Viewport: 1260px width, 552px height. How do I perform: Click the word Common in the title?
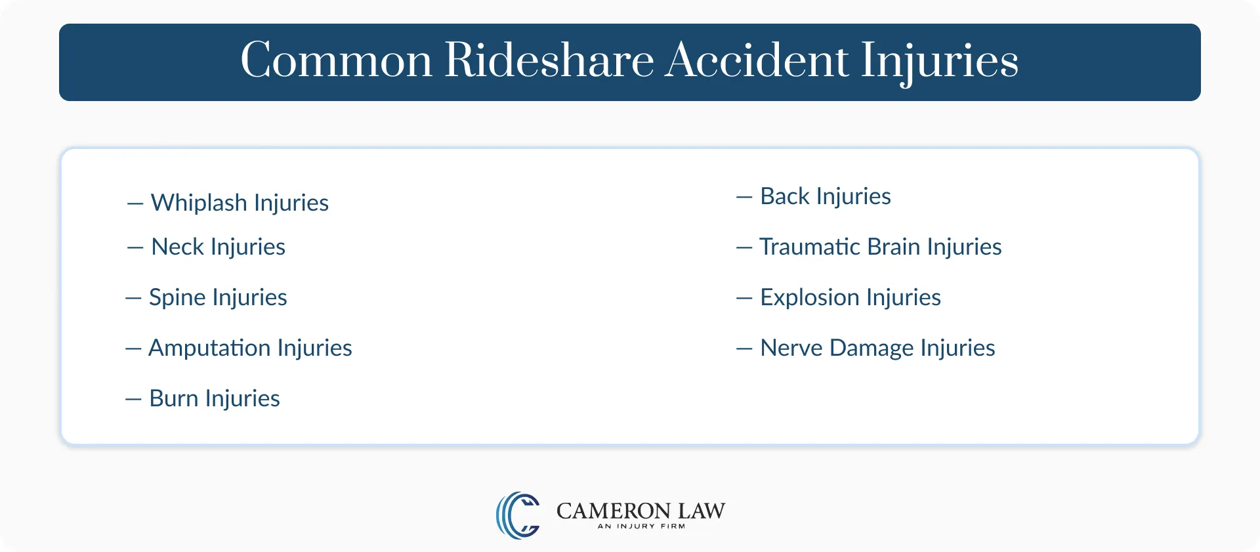click(336, 61)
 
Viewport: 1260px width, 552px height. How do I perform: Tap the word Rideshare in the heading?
click(549, 61)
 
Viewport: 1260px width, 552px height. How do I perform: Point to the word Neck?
click(177, 247)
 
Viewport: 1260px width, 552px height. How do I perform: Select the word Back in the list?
click(784, 196)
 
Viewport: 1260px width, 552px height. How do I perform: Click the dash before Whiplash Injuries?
click(135, 204)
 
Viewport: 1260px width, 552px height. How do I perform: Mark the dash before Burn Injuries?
click(133, 400)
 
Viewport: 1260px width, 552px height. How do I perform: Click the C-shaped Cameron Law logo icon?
click(518, 515)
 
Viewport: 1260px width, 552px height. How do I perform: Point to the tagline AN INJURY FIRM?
click(641, 526)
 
